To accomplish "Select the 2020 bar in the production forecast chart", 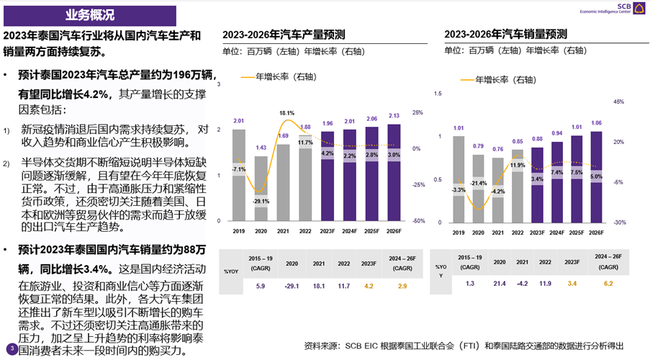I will (261, 187).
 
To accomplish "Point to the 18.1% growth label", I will (286, 113).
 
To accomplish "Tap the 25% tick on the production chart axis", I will (417, 112).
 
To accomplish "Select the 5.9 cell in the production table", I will (261, 286).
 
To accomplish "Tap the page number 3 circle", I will (12, 349).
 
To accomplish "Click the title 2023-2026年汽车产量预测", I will (284, 35).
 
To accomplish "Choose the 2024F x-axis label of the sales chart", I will (556, 233).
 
